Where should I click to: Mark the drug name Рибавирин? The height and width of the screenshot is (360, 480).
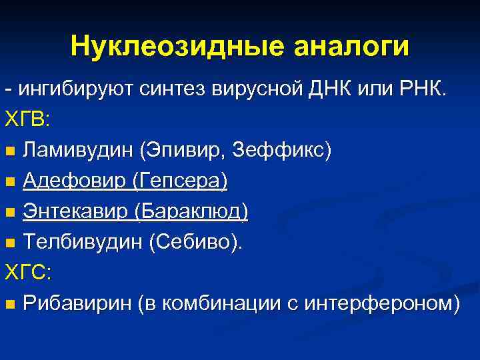(76, 304)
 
